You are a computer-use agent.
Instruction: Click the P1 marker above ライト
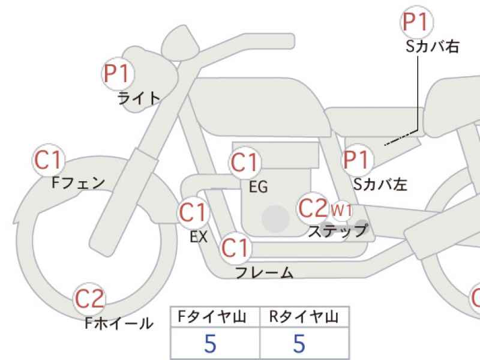pyautogui.click(x=118, y=73)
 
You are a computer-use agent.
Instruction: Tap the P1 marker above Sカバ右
pyautogui.click(x=416, y=22)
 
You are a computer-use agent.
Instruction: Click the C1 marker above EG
pyautogui.click(x=245, y=162)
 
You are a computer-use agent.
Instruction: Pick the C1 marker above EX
pyautogui.click(x=193, y=212)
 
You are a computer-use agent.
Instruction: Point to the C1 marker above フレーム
pyautogui.click(x=235, y=248)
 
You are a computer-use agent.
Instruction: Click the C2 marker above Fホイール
pyautogui.click(x=89, y=298)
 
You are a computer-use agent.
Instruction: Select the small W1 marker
pyautogui.click(x=341, y=211)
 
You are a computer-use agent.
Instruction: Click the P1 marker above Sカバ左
pyautogui.click(x=357, y=160)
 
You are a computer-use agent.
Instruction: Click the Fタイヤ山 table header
pyautogui.click(x=212, y=317)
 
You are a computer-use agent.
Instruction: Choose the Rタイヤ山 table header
pyautogui.click(x=304, y=317)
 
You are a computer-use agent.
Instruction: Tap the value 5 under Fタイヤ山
pyautogui.click(x=211, y=343)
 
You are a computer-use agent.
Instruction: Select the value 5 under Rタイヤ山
pyautogui.click(x=299, y=343)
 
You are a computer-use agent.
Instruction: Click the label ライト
pyautogui.click(x=139, y=98)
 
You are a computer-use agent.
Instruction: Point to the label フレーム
pyautogui.click(x=265, y=272)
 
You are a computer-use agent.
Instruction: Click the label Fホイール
pyautogui.click(x=119, y=323)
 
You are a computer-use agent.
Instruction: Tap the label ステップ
pyautogui.click(x=337, y=231)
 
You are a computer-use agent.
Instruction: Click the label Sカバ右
pyautogui.click(x=432, y=47)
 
